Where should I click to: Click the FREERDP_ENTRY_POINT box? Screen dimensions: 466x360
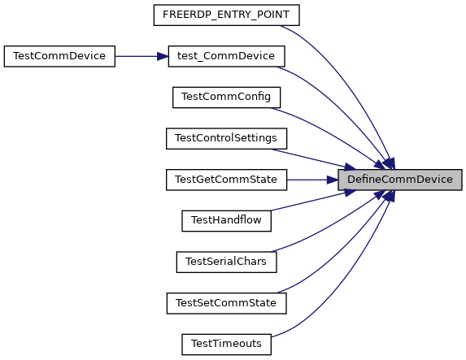point(226,15)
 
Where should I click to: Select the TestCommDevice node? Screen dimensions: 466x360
point(59,56)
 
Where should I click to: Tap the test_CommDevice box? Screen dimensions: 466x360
point(226,56)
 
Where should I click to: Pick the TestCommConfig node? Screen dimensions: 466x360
point(226,98)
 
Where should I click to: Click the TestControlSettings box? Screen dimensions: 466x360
point(226,138)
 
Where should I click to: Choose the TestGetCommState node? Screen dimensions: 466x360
point(226,180)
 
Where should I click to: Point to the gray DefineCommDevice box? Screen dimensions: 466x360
point(400,180)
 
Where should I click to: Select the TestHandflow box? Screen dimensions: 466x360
point(226,221)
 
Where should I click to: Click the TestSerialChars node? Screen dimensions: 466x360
point(226,262)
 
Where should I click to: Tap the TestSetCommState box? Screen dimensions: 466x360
point(226,303)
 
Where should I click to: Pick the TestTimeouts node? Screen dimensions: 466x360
point(226,345)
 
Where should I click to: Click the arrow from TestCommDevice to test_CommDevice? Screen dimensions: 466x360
point(142,56)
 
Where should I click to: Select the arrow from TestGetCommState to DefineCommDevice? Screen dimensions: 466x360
point(312,180)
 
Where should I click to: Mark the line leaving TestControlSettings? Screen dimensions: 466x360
point(313,159)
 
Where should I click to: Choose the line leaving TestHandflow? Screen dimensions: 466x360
point(313,201)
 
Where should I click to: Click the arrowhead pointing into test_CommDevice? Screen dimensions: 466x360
point(163,56)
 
